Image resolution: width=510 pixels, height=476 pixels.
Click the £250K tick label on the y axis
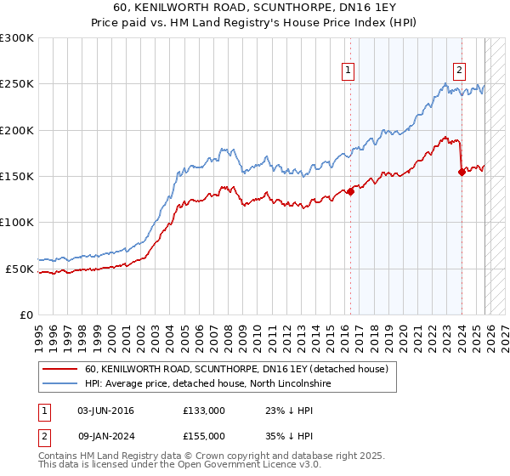(17, 84)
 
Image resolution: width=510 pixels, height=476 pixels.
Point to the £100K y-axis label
(17, 223)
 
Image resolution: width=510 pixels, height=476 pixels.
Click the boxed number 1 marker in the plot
(349, 71)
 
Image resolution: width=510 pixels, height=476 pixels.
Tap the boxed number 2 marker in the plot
(459, 71)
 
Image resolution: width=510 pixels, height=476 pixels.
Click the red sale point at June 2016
(350, 191)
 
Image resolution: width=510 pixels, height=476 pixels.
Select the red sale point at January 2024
(462, 172)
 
